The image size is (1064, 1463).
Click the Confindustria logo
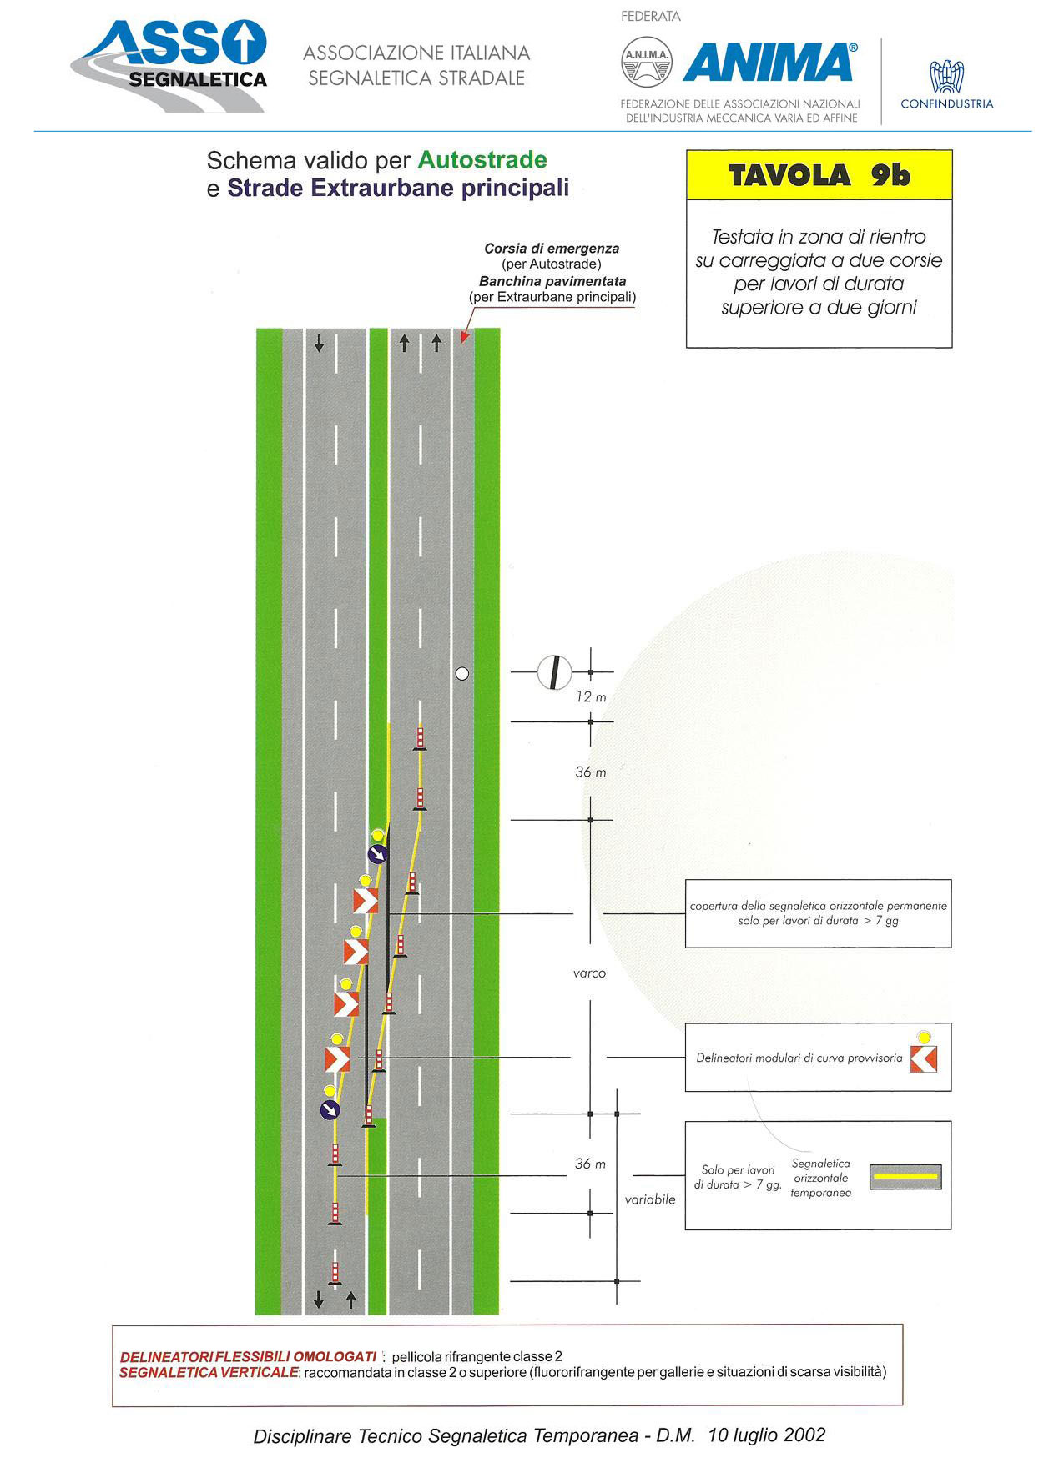947,84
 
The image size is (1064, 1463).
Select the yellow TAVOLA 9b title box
819,175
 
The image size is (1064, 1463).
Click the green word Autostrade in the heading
482,159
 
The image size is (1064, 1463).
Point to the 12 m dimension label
591,697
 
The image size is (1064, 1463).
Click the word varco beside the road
589,973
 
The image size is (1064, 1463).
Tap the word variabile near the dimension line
650,1199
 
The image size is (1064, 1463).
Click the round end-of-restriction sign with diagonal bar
554,672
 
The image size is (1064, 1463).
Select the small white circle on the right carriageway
462,674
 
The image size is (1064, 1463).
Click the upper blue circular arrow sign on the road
378,853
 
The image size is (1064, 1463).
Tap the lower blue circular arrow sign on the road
330,1109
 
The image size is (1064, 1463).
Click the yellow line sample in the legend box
905,1177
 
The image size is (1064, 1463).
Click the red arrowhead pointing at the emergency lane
465,337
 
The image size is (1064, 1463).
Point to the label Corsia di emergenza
552,249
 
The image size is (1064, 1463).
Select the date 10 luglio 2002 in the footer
766,1435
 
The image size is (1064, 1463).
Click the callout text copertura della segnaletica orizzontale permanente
818,906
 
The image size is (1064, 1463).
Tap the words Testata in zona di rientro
819,237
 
